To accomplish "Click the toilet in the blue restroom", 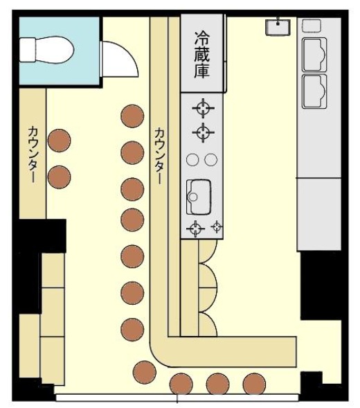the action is pyautogui.click(x=47, y=50).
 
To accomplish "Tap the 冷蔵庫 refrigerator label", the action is pyautogui.click(x=202, y=55).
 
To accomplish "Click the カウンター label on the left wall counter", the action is pyautogui.click(x=33, y=154).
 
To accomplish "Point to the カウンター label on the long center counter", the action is pyautogui.click(x=159, y=156).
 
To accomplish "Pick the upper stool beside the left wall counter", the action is pyautogui.click(x=59, y=140).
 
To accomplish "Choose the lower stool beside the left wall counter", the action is pyautogui.click(x=59, y=177).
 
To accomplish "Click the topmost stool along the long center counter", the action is pyautogui.click(x=132, y=116).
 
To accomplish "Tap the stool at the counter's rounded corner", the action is pyautogui.click(x=145, y=372).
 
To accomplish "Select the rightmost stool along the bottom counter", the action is pyautogui.click(x=254, y=384).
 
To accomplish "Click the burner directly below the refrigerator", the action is pyautogui.click(x=204, y=108).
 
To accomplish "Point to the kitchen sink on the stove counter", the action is pyautogui.click(x=199, y=197).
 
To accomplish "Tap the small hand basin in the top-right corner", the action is pyautogui.click(x=278, y=27).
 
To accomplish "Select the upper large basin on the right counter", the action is pyautogui.click(x=314, y=55).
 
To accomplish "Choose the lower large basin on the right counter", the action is pyautogui.click(x=314, y=91).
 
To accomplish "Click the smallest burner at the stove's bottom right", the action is pyautogui.click(x=217, y=227).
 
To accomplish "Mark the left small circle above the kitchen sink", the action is pyautogui.click(x=192, y=160).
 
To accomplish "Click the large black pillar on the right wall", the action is pyautogui.click(x=324, y=285).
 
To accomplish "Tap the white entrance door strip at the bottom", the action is pyautogui.click(x=177, y=398).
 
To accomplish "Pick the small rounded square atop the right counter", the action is pyautogui.click(x=312, y=26).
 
